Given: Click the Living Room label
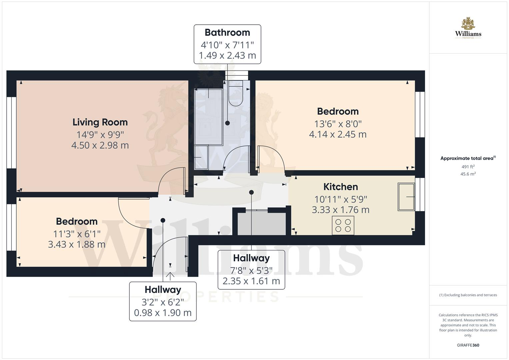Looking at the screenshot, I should coord(100,122).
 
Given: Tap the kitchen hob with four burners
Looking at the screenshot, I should coord(343,225).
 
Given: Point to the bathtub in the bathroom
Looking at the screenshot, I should coord(209,117).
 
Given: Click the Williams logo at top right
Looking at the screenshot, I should coord(468,28).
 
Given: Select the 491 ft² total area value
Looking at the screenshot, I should coord(468,167).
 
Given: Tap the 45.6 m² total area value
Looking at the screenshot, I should coord(468,174).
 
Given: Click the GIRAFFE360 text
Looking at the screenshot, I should coord(468,345).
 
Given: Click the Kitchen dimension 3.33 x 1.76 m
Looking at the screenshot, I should coord(340,210).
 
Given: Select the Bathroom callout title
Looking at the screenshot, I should coord(227,33).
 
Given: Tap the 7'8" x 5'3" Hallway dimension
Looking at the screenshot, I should coord(251,270).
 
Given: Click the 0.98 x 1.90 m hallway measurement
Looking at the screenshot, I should coord(163,313).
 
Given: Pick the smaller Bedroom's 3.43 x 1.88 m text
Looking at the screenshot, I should coord(77,245).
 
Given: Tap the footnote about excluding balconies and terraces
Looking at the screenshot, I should coord(468,295).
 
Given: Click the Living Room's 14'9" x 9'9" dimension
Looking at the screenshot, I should coord(100,135).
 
